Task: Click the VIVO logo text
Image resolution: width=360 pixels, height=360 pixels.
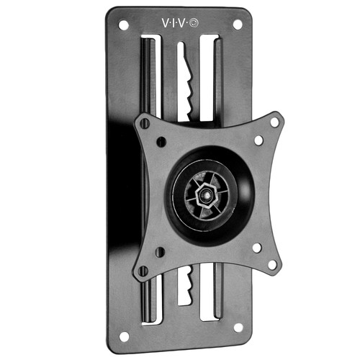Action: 180,23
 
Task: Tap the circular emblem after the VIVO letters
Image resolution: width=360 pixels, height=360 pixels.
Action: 194,23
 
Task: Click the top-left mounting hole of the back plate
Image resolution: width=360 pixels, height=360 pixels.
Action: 124,25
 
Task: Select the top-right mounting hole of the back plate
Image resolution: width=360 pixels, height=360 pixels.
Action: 238,24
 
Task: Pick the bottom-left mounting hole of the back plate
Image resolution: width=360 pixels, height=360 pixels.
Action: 124,336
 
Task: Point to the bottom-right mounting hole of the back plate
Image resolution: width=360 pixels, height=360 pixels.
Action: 238,328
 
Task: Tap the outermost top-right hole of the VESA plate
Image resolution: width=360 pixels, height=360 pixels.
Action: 274,122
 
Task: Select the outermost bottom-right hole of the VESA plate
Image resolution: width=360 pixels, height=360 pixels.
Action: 272,265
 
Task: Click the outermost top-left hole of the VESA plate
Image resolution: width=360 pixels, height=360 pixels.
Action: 145,123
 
